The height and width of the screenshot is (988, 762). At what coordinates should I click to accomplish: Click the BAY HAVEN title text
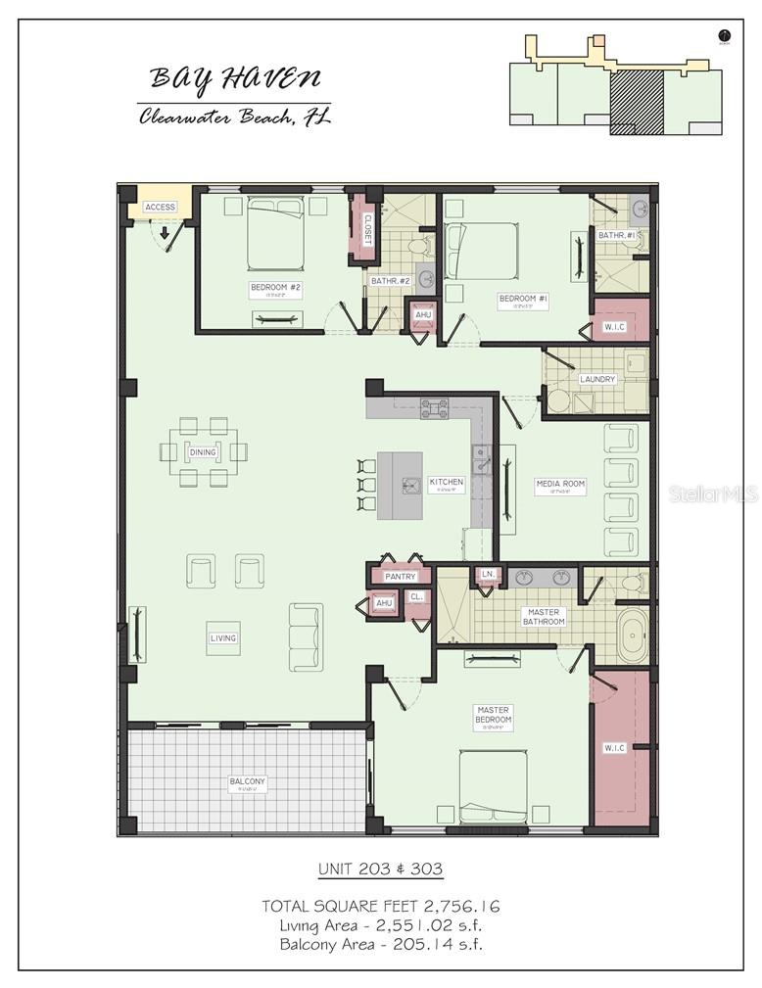[x=234, y=77]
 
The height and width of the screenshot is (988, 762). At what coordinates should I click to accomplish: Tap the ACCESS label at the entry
[x=160, y=207]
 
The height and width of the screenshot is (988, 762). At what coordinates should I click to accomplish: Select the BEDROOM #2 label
[x=275, y=288]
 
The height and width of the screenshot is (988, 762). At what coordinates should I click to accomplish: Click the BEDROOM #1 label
[x=523, y=299]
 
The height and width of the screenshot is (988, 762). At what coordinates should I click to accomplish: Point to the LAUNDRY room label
[x=596, y=379]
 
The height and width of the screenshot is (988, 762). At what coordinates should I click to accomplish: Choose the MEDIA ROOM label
[x=560, y=485]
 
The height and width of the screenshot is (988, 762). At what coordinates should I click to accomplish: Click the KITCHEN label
[x=446, y=483]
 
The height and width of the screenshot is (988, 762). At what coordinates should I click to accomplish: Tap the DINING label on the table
[x=203, y=451]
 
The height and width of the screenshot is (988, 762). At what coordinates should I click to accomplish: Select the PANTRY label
[x=400, y=577]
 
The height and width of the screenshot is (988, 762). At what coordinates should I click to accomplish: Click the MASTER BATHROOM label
[x=543, y=616]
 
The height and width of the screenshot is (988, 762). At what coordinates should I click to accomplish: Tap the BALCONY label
[x=247, y=782]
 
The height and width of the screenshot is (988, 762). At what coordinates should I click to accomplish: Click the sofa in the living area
[x=306, y=636]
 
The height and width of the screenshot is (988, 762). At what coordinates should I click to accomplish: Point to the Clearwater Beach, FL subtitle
[x=234, y=117]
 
